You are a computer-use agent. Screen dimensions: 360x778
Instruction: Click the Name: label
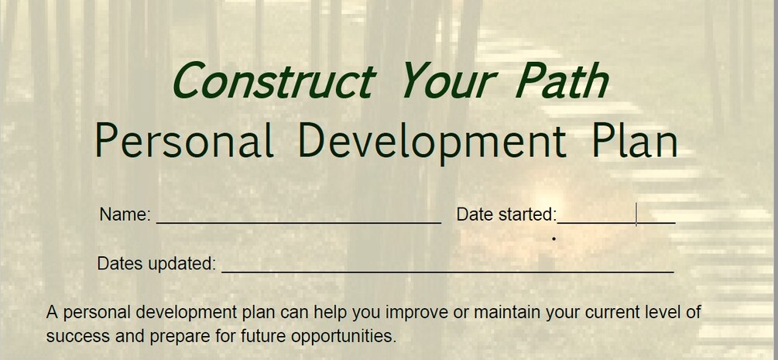[x=125, y=214]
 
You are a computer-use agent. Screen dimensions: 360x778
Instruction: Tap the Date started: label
[x=506, y=214]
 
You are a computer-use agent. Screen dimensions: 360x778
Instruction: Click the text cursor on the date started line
[x=636, y=214]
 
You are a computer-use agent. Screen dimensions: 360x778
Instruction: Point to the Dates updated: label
[x=156, y=263]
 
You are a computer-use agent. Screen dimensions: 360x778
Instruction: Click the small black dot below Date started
[x=554, y=238]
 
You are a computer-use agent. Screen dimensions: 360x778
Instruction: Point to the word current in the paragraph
[x=595, y=313]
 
